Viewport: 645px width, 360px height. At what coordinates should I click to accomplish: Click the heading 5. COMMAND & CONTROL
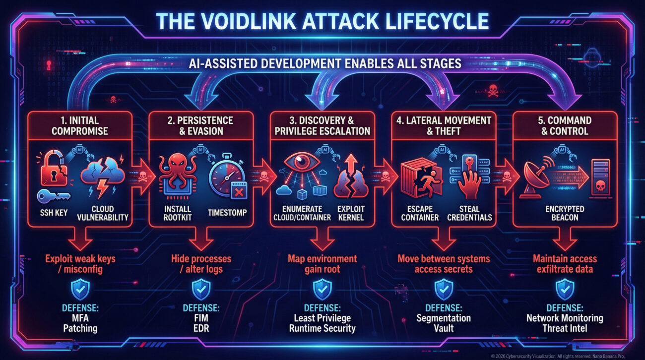[x=565, y=125]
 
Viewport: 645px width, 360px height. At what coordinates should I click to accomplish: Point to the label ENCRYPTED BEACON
[x=565, y=213]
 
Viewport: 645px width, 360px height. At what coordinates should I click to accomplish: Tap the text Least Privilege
[x=322, y=318]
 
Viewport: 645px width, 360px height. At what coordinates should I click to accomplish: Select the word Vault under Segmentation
[x=443, y=328]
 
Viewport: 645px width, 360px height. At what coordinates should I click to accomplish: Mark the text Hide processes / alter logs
[x=201, y=264]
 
